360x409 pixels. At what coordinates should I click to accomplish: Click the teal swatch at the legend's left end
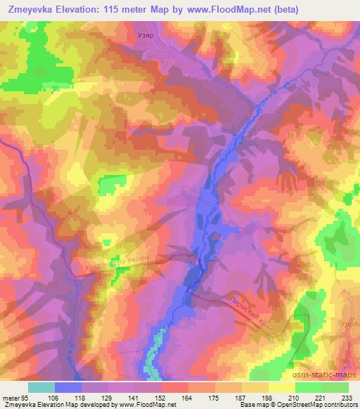click(x=41, y=387)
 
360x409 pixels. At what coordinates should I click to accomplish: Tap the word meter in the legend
click(x=12, y=397)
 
